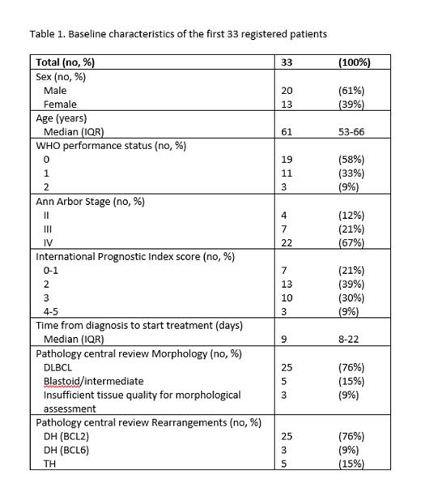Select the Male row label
click(x=55, y=91)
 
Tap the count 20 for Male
click(x=287, y=91)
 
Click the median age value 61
click(x=287, y=132)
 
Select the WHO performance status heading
click(x=111, y=146)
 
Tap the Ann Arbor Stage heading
click(x=90, y=201)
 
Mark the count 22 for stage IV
click(x=287, y=242)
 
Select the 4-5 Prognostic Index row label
click(x=52, y=311)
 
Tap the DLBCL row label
click(x=59, y=367)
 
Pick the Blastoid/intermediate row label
click(x=93, y=381)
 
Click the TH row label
click(x=49, y=464)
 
